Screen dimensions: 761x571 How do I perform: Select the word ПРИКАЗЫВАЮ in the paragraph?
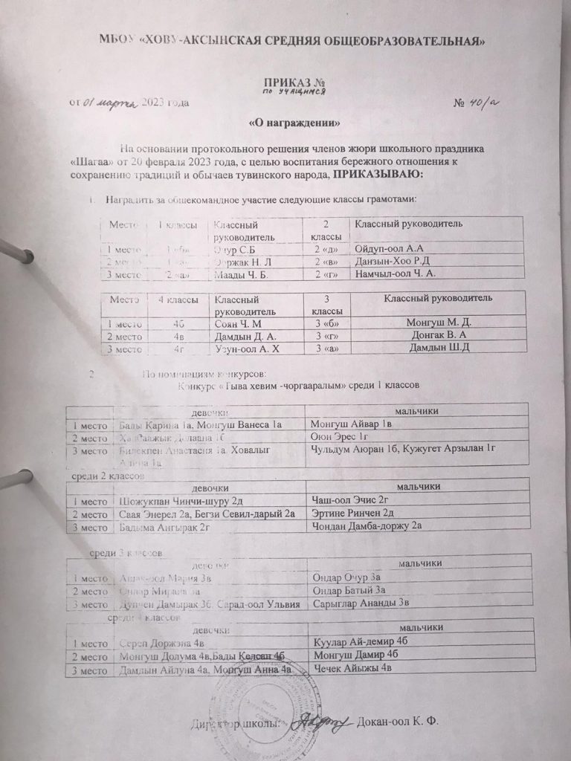377,174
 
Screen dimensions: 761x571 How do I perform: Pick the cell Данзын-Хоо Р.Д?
391,261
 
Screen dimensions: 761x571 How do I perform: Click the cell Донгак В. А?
438,335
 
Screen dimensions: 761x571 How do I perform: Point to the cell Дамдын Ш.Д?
439,348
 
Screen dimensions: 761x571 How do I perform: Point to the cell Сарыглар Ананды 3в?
360,603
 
